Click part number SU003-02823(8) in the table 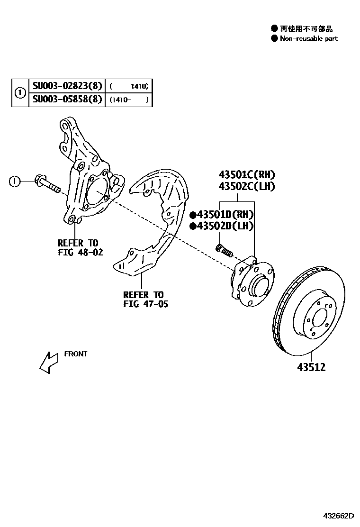coord(67,86)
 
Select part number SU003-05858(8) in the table coord(67,100)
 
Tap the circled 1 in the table coord(20,93)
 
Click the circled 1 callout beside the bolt coord(15,181)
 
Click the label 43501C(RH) coord(246,174)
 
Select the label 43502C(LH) coord(246,186)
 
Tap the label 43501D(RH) coord(225,214)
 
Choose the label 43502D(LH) coord(225,226)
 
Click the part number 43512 coord(311,367)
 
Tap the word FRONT coord(76,354)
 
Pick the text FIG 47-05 coord(145,304)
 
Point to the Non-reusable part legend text coord(308,38)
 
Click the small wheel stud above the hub coord(223,249)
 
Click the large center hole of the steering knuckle coord(97,191)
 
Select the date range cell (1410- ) coord(128,100)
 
